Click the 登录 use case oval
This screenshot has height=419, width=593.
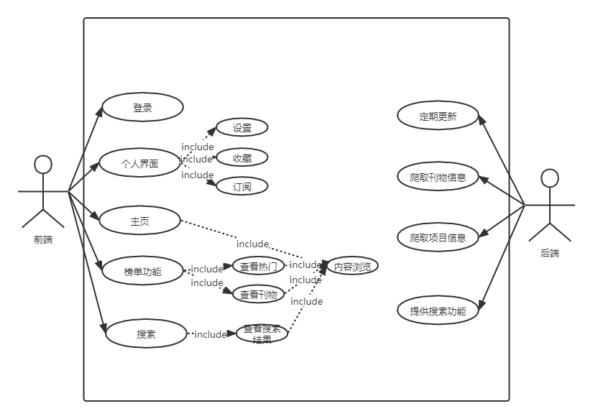tap(142, 108)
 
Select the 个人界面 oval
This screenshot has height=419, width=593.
tap(139, 163)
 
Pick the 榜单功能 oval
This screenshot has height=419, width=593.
tap(142, 271)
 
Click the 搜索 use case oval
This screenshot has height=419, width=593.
tap(147, 334)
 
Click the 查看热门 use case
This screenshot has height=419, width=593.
tap(258, 266)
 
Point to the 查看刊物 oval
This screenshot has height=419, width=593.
tap(258, 294)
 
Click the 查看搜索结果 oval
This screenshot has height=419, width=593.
tap(262, 333)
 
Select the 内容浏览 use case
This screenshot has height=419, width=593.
tap(351, 266)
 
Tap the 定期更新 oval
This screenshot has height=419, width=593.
tap(438, 116)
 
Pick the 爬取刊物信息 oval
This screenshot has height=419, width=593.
tap(438, 178)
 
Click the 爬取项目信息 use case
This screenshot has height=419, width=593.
tap(438, 237)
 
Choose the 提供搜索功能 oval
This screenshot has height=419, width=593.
tap(438, 311)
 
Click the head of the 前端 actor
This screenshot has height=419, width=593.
tap(44, 165)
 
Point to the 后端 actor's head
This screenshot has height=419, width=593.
tap(550, 178)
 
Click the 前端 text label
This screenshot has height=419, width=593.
tap(43, 240)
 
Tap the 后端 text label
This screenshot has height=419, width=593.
tap(550, 253)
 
